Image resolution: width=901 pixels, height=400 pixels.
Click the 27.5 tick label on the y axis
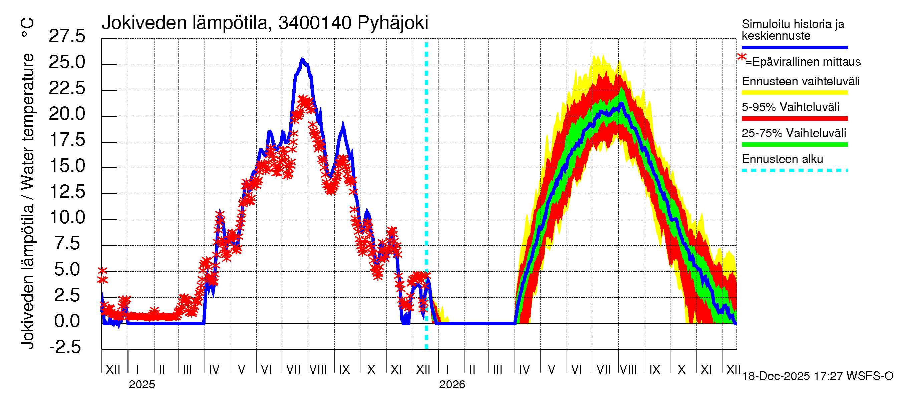pyautogui.click(x=67, y=36)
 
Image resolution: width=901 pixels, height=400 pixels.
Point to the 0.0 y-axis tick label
pyautogui.click(x=67, y=321)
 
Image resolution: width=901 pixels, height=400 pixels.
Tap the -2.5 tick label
pyautogui.click(x=65, y=347)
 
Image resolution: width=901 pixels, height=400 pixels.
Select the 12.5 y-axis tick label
pyautogui.click(x=67, y=192)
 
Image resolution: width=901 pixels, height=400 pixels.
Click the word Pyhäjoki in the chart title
pyautogui.click(x=392, y=23)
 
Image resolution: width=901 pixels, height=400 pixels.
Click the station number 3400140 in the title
pyautogui.click(x=315, y=23)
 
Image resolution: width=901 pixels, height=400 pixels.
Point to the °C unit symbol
pyautogui.click(x=27, y=28)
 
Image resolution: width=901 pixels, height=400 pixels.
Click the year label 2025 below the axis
pyautogui.click(x=141, y=385)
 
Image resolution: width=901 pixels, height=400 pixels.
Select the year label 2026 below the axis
pyautogui.click(x=452, y=385)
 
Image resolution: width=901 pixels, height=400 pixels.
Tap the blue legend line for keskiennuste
pyautogui.click(x=794, y=47)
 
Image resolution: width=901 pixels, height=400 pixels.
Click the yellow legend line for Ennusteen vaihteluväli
pyautogui.click(x=794, y=93)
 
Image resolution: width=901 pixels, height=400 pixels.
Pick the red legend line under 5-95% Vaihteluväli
pyautogui.click(x=794, y=118)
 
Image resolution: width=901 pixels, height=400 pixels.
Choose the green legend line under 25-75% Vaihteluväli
pyautogui.click(x=794, y=144)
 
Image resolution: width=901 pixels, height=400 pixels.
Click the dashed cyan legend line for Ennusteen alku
pyautogui.click(x=794, y=170)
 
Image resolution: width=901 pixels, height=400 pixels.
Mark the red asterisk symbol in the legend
pyautogui.click(x=741, y=57)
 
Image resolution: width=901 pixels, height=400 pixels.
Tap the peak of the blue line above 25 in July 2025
pyautogui.click(x=303, y=60)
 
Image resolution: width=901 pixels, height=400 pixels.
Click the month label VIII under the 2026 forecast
pyautogui.click(x=628, y=370)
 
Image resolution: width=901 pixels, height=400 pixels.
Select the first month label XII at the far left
pyautogui.click(x=113, y=370)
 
